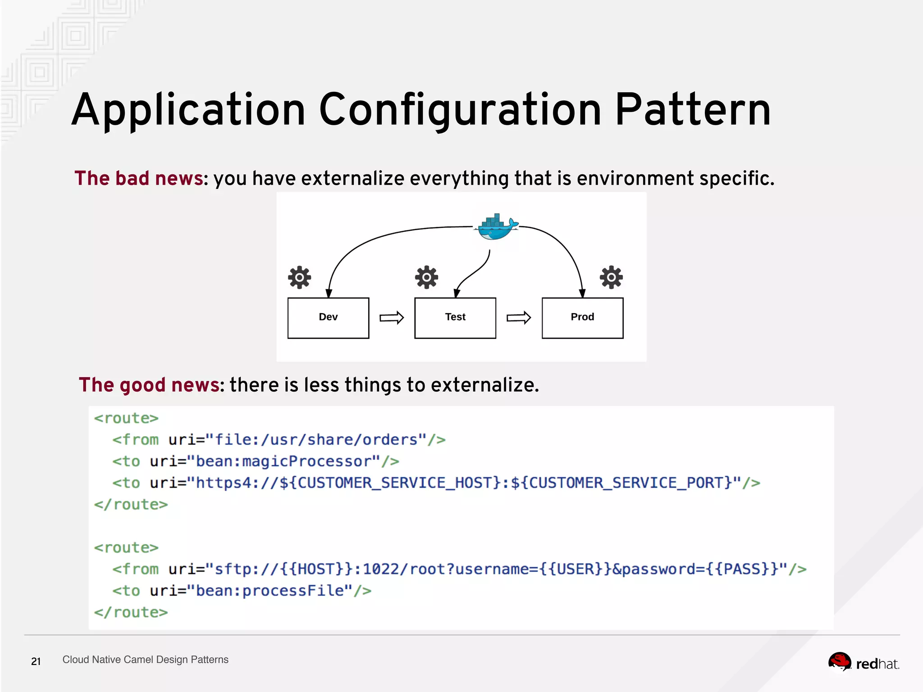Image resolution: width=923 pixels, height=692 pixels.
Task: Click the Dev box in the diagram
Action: tap(328, 318)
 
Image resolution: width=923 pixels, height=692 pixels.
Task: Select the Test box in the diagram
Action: tap(455, 318)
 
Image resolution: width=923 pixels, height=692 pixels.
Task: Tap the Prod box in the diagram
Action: tap(582, 318)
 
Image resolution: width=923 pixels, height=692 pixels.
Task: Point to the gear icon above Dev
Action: tap(299, 278)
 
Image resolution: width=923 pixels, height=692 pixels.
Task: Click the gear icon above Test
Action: tap(426, 277)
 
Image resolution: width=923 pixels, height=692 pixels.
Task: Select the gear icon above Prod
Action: tap(611, 277)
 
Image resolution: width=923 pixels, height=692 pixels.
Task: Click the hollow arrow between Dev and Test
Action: tap(392, 318)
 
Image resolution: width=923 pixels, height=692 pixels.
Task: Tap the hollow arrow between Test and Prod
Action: tap(519, 318)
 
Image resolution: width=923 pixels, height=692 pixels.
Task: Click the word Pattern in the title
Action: tap(693, 109)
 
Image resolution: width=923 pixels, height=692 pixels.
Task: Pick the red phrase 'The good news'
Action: tap(149, 385)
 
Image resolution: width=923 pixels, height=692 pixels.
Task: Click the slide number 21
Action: tap(36, 661)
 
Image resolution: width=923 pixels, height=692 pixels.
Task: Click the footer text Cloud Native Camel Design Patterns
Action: tap(145, 660)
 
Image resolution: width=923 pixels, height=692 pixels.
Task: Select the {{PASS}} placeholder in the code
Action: tap(742, 569)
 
